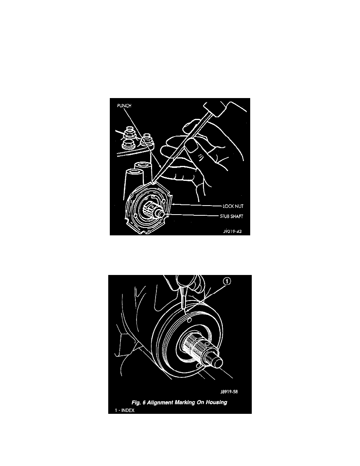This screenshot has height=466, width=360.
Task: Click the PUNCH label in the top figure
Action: pos(124,106)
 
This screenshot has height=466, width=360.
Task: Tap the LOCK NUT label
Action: pos(233,206)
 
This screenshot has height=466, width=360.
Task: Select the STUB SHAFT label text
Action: pos(231,217)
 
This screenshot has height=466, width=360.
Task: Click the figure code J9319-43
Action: pos(233,231)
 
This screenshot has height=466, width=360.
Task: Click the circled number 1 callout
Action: pos(227,281)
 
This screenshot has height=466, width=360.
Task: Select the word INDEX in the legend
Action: pos(128,410)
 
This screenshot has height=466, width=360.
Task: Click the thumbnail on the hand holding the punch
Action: pos(192,146)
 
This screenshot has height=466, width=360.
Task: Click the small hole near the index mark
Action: pos(189,320)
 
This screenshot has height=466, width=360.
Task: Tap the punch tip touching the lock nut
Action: pos(153,182)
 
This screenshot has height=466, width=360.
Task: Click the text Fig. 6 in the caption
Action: pos(138,402)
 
